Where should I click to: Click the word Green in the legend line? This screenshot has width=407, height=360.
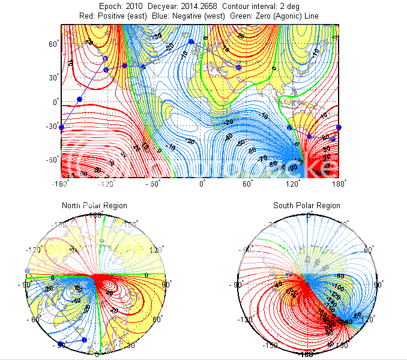coord(248,15)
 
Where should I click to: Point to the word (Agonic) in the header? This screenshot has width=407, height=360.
coord(297,15)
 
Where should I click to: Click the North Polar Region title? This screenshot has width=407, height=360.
coord(94,206)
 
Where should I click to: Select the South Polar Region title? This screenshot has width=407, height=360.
coord(306,206)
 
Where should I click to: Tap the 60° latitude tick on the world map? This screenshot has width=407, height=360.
coord(53,44)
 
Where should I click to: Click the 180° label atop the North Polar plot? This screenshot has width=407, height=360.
coord(96,214)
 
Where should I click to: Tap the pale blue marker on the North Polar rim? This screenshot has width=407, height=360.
coord(27,271)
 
